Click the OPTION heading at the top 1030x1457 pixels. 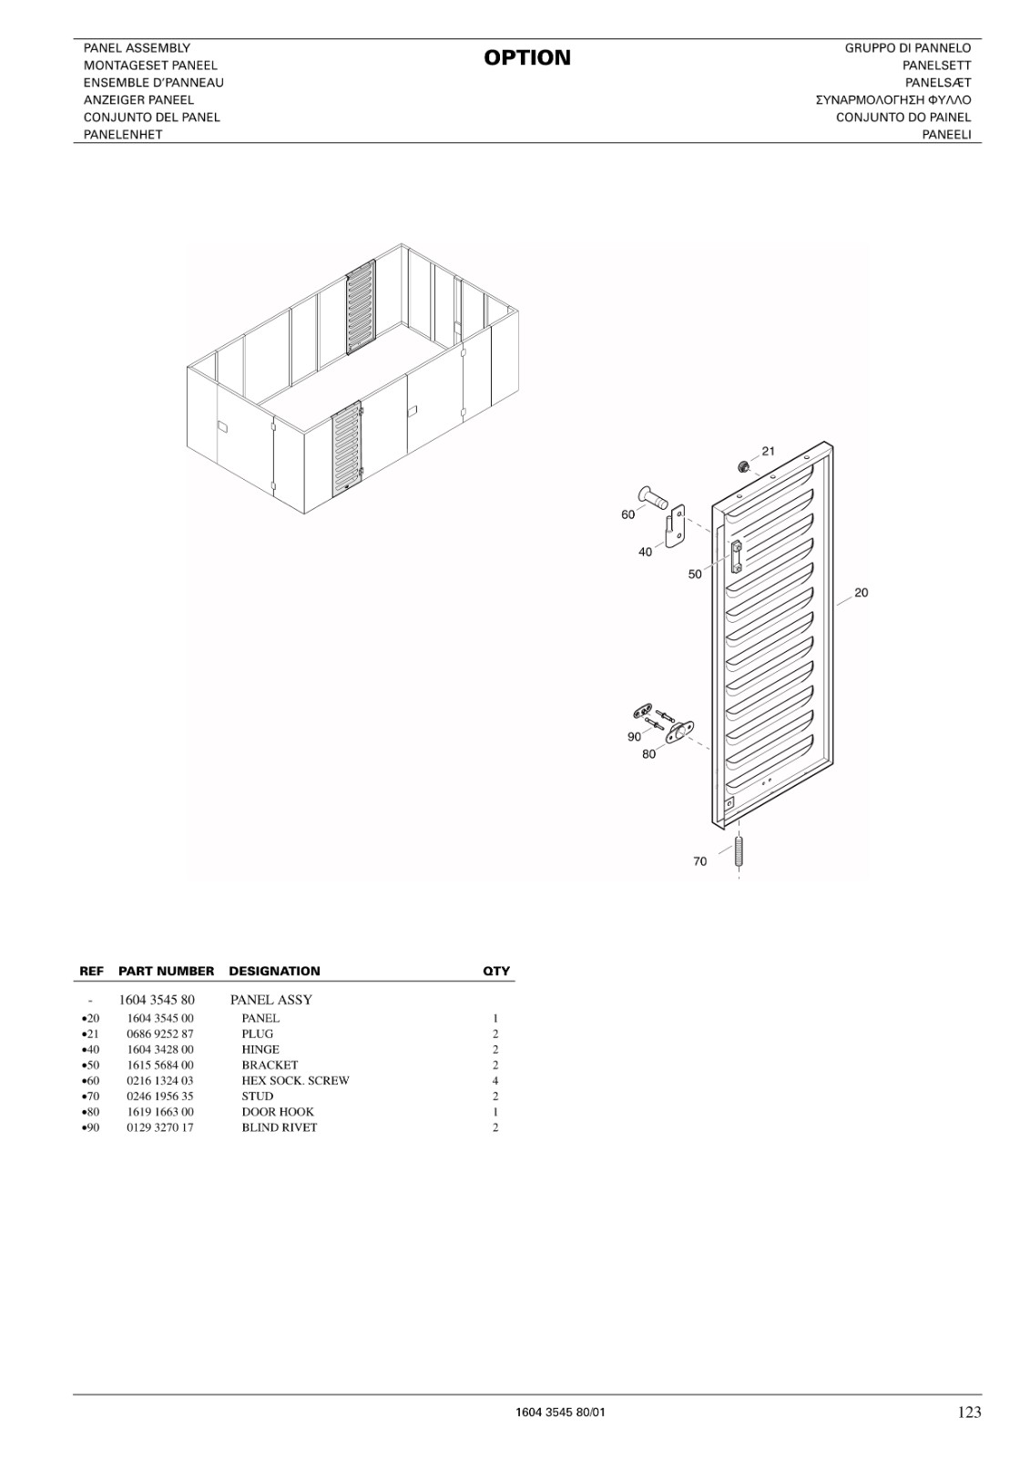click(x=527, y=58)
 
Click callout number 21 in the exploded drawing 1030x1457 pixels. click(x=769, y=451)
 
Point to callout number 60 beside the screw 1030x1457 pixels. click(x=627, y=515)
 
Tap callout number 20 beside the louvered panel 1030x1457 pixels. click(x=861, y=593)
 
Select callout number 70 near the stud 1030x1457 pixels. click(x=699, y=861)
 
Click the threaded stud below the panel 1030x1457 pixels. click(x=739, y=852)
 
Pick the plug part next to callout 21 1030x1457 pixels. click(x=741, y=466)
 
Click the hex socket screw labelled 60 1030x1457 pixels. click(x=653, y=496)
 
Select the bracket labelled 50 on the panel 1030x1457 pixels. click(x=737, y=556)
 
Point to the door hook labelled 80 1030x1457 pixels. click(x=679, y=732)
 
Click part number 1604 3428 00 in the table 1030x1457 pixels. click(x=160, y=1050)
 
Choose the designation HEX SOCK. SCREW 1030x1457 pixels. click(x=295, y=1081)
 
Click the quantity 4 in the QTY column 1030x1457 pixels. click(x=495, y=1081)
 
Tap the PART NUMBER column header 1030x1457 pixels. click(x=166, y=971)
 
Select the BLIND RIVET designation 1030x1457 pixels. click(x=280, y=1128)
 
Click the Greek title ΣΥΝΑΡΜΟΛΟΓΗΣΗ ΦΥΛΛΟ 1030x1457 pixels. click(x=892, y=100)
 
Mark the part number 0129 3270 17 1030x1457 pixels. click(x=160, y=1128)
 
